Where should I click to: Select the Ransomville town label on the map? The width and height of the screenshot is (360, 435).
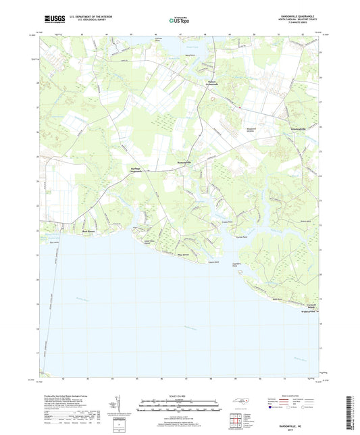[184, 162]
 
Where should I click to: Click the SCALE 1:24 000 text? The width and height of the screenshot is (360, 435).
[179, 395]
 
